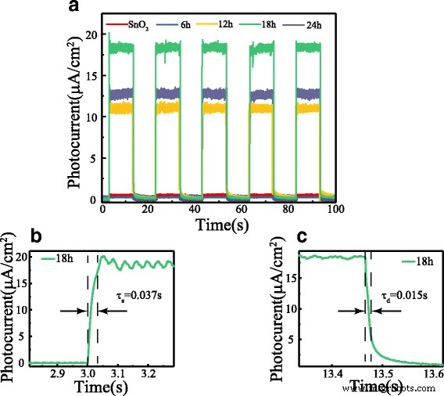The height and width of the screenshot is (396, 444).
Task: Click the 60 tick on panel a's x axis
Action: click(x=243, y=211)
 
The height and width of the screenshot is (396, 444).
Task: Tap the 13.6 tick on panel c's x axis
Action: click(x=430, y=375)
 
